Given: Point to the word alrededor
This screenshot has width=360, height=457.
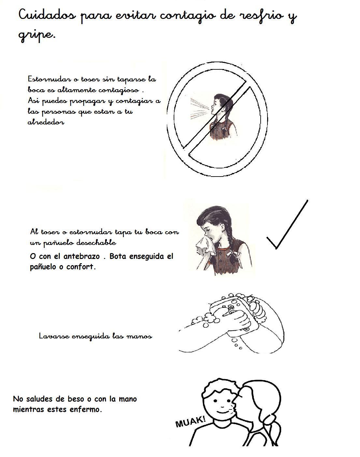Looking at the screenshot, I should coord(46,122).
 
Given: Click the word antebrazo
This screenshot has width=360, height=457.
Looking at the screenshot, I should coord(81,256).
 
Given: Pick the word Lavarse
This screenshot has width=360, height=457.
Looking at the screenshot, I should coord(54,336).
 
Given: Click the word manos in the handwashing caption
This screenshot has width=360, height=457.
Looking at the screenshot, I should coord(141,336).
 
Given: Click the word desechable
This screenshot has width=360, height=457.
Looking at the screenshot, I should coord(96,243).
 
